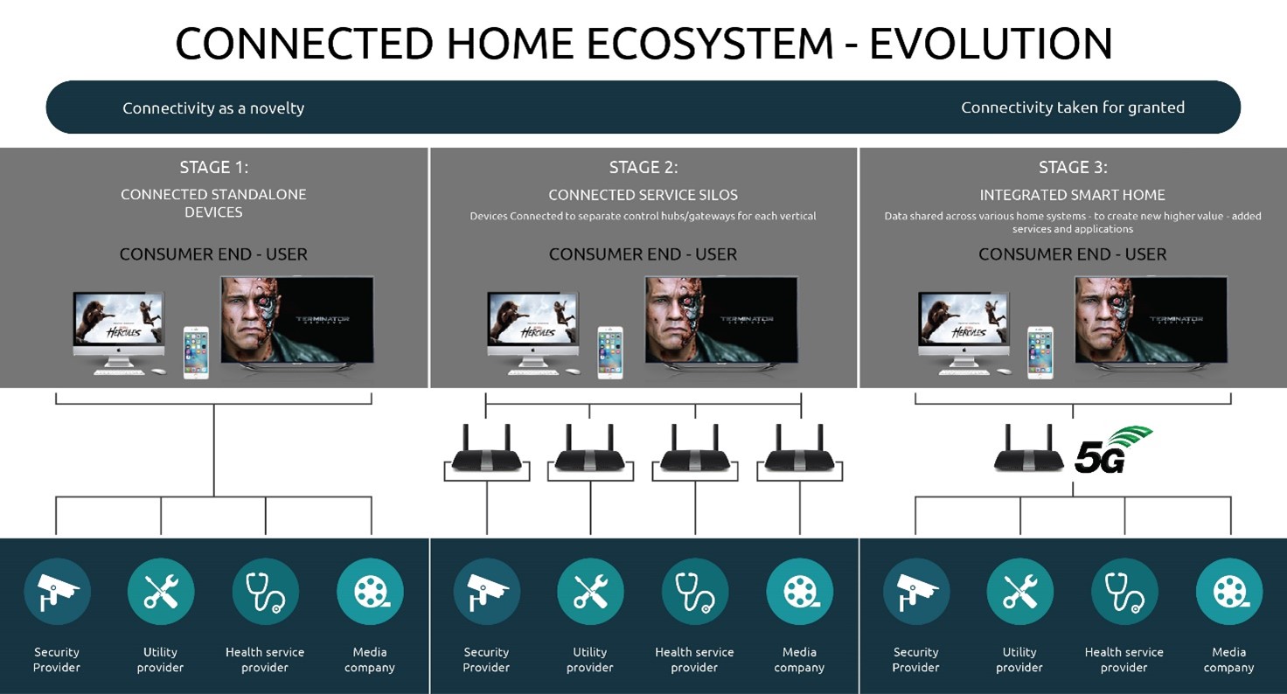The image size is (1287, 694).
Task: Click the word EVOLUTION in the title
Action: click(991, 44)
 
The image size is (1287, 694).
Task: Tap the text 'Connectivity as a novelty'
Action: click(213, 108)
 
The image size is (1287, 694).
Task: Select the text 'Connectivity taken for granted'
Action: click(1073, 108)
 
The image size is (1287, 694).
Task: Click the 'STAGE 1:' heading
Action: click(213, 167)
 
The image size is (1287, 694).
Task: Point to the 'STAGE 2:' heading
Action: click(643, 167)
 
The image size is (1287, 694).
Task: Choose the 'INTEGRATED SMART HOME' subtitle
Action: click(1072, 195)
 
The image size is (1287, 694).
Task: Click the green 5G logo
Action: click(1113, 450)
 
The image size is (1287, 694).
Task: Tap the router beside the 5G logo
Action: click(1028, 448)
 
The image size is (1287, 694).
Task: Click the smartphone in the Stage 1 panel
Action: click(196, 353)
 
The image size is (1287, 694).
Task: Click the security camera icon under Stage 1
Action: click(57, 592)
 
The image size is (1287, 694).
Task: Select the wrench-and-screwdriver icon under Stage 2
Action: click(590, 592)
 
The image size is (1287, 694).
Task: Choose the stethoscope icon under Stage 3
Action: click(1124, 592)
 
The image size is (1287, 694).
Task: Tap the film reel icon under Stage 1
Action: click(370, 592)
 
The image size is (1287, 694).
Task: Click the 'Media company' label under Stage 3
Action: click(1229, 660)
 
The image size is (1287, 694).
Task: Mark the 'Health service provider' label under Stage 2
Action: click(694, 660)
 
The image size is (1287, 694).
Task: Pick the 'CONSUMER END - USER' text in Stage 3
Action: click(1072, 254)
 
